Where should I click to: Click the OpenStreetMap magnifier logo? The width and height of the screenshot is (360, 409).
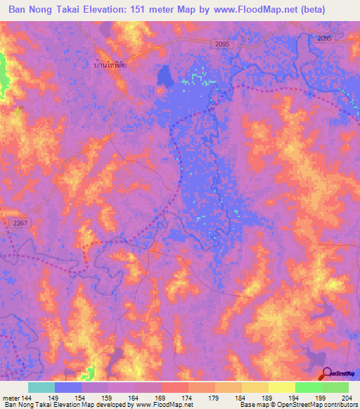pyautogui.click(x=327, y=374)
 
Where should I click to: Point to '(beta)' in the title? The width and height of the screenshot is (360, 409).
pyautogui.click(x=338, y=10)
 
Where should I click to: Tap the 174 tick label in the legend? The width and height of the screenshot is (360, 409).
pyautogui.click(x=189, y=398)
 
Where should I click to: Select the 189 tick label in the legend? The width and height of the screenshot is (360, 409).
pyautogui.click(x=269, y=398)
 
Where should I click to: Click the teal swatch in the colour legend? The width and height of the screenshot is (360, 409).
pyautogui.click(x=41, y=387)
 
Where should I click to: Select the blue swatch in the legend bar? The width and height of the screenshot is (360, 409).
pyautogui.click(x=68, y=387)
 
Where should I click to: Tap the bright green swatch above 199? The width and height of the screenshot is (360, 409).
pyautogui.click(x=308, y=387)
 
